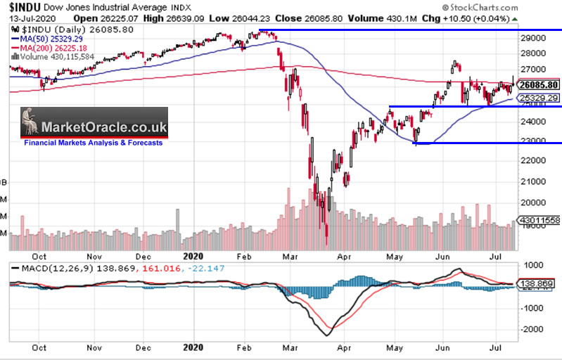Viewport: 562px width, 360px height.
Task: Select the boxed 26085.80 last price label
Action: pyautogui.click(x=538, y=85)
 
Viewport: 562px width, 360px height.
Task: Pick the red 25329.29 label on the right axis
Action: pyautogui.click(x=537, y=98)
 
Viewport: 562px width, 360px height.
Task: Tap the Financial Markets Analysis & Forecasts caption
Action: pyautogui.click(x=93, y=143)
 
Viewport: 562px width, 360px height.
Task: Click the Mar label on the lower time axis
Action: pyautogui.click(x=290, y=347)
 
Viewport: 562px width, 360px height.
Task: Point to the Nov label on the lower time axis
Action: pyautogui.click(x=94, y=347)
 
